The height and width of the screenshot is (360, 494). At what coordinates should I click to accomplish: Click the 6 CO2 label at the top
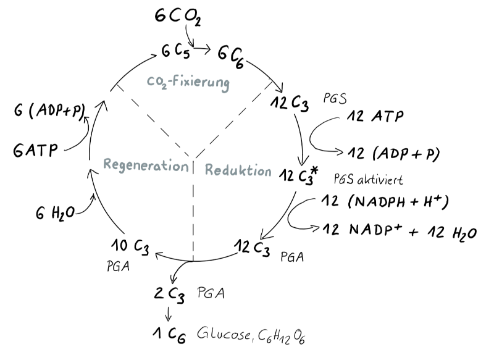pyautogui.click(x=178, y=17)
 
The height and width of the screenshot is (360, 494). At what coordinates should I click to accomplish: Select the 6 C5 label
pyautogui.click(x=175, y=51)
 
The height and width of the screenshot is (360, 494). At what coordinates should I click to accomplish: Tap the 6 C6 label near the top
pyautogui.click(x=231, y=57)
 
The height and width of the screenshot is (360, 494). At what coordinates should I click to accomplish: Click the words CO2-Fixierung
pyautogui.click(x=188, y=83)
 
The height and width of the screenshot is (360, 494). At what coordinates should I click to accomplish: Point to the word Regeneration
pyautogui.click(x=146, y=165)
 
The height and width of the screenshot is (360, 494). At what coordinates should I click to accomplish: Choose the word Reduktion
pyautogui.click(x=238, y=170)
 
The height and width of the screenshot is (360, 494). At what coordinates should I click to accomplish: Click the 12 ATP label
pyautogui.click(x=375, y=116)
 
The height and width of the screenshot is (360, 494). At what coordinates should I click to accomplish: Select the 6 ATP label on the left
pyautogui.click(x=36, y=150)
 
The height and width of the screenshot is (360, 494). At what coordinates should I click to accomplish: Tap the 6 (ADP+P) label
pyautogui.click(x=50, y=111)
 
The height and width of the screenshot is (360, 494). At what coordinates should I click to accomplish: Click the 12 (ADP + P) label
pyautogui.click(x=393, y=154)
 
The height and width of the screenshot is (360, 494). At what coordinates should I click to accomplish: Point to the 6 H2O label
pyautogui.click(x=55, y=213)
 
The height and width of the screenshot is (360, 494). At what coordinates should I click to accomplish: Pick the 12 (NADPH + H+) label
pyautogui.click(x=385, y=201)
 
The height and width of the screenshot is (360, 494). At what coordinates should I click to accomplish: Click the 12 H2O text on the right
pyautogui.click(x=452, y=233)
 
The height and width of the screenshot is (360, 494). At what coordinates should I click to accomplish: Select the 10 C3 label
pyautogui.click(x=130, y=246)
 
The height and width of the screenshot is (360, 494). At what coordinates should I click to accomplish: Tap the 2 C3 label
pyautogui.click(x=169, y=295)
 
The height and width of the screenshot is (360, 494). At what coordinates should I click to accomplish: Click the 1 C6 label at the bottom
pyautogui.click(x=169, y=335)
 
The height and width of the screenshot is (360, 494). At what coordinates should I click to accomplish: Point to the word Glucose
pyautogui.click(x=224, y=333)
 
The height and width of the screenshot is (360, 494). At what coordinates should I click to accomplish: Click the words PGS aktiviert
pyautogui.click(x=368, y=179)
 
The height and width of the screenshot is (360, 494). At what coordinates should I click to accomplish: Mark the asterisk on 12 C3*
pyautogui.click(x=314, y=171)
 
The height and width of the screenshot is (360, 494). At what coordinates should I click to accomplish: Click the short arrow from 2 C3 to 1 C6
pyautogui.click(x=168, y=314)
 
